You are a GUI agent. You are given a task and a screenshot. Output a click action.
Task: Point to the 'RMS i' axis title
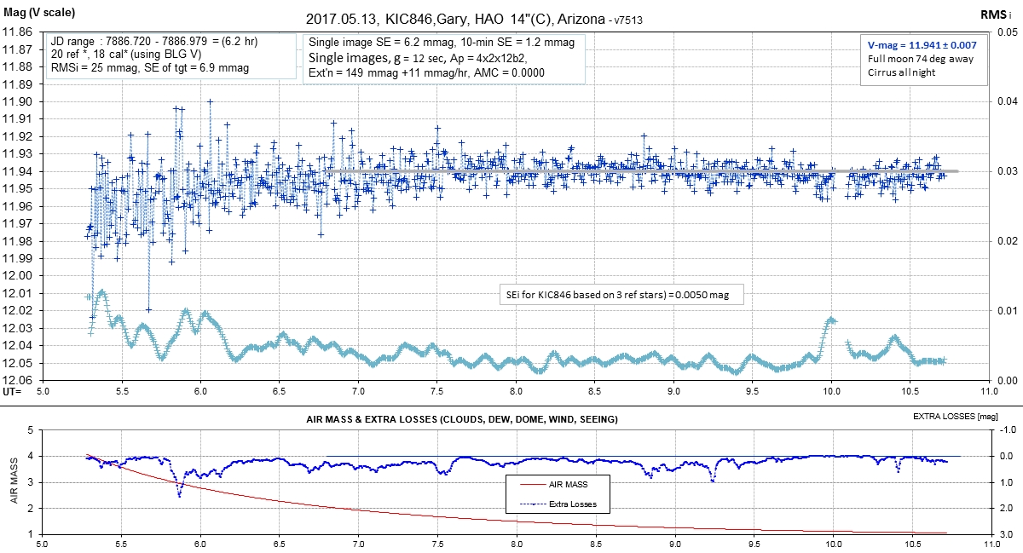(993, 14)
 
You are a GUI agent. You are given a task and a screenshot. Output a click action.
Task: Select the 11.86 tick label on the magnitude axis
(18, 32)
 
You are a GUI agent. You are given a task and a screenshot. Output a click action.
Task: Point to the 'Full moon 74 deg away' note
(919, 59)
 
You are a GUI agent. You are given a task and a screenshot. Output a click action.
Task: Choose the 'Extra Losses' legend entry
(573, 504)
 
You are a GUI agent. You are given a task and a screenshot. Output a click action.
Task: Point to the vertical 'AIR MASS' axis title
(14, 482)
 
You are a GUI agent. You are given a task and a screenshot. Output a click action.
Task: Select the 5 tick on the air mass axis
(29, 430)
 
